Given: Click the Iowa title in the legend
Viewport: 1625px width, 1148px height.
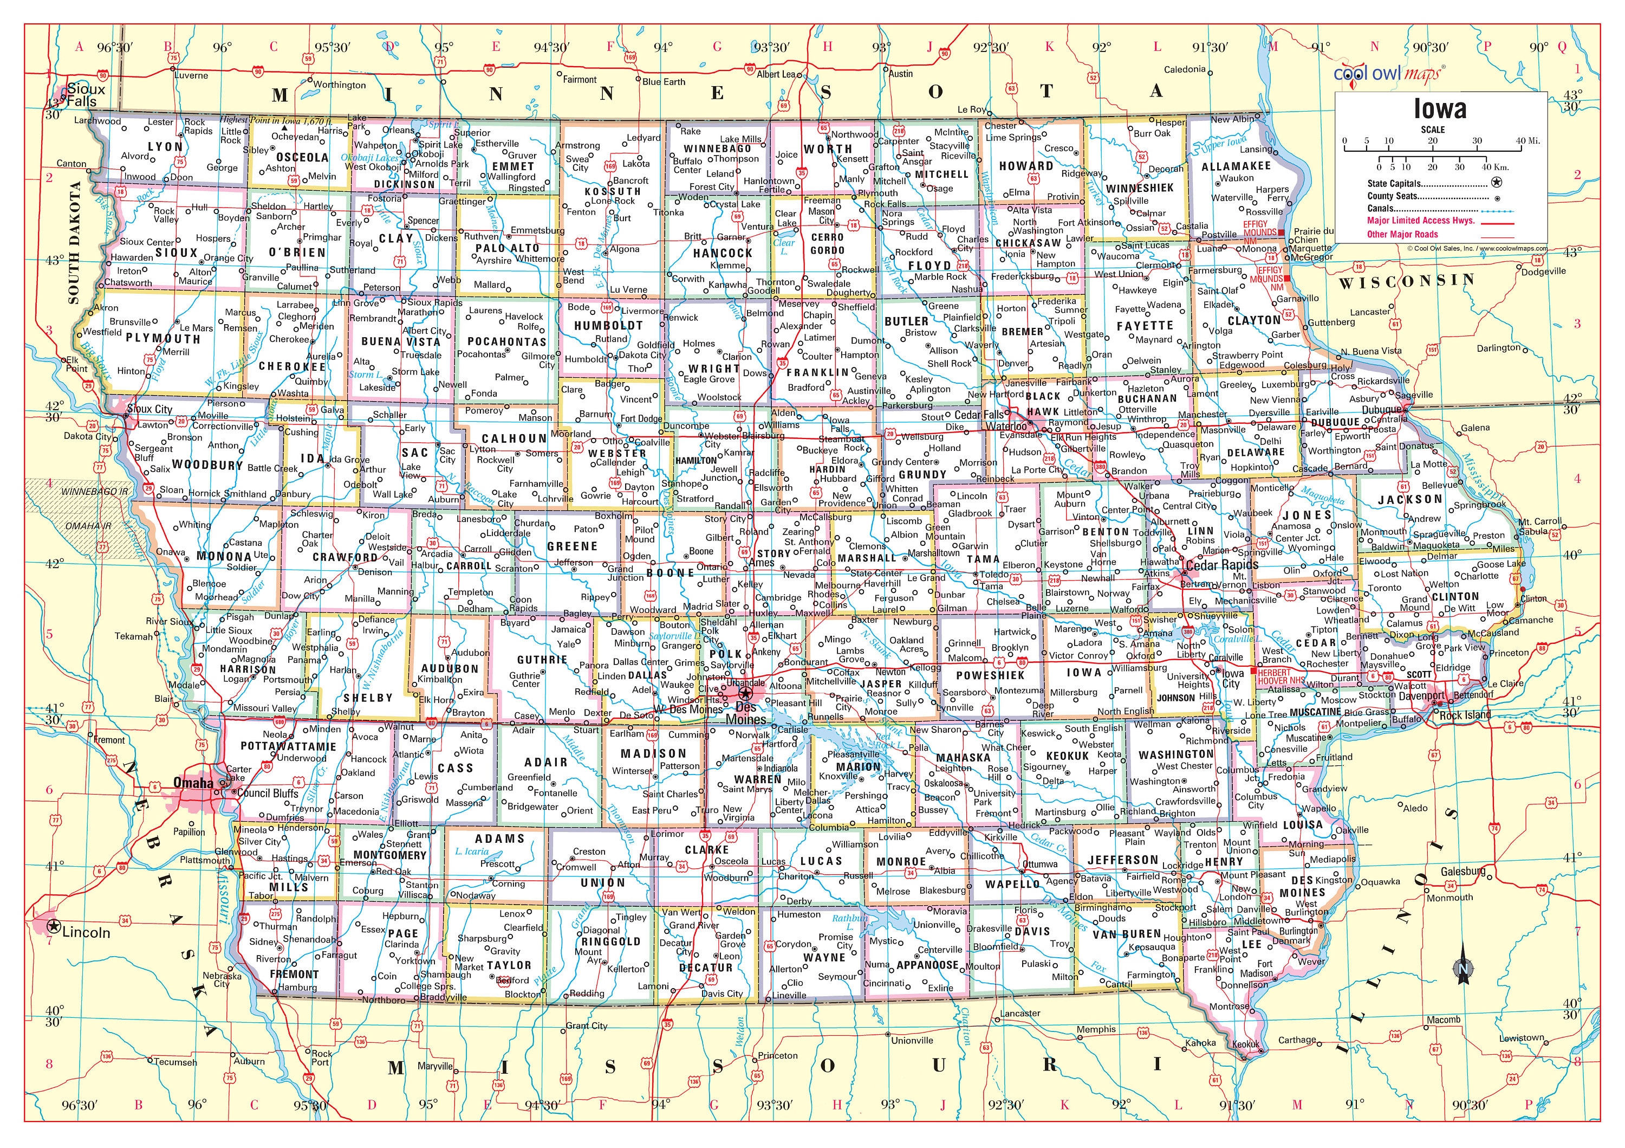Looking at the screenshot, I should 1440,109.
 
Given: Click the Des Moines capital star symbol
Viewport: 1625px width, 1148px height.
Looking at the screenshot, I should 746,693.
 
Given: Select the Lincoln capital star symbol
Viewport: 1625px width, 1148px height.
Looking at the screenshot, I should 53,926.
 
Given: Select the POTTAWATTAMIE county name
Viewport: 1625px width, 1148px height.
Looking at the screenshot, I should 288,746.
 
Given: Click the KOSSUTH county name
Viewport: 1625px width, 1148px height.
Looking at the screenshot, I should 612,191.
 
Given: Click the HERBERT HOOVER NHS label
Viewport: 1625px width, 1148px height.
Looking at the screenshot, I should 1281,676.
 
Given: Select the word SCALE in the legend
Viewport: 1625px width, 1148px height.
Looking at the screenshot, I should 1433,130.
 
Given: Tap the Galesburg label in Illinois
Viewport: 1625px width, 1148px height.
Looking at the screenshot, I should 1463,872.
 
